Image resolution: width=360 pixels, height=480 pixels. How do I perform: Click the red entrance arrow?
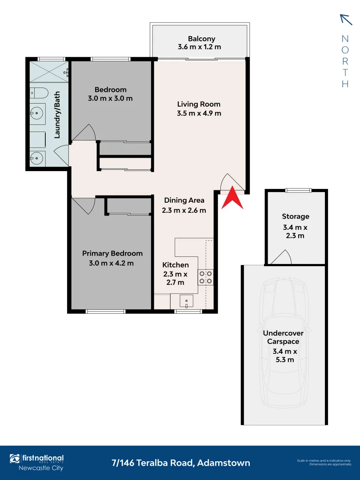(233, 199)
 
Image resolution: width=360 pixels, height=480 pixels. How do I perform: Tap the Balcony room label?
(201, 39)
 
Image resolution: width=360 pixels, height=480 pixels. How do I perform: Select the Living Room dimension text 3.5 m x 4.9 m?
(199, 113)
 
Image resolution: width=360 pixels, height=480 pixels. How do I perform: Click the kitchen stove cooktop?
(206, 277)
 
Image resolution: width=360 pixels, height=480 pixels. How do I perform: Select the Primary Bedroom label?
(112, 253)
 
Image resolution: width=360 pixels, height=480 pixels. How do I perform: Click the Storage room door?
(282, 258)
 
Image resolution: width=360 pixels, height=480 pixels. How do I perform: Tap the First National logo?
(37, 459)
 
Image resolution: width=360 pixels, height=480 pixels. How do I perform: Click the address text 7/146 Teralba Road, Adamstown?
(181, 463)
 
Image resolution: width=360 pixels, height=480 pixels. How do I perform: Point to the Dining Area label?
(184, 200)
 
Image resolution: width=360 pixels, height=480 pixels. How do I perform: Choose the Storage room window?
(298, 190)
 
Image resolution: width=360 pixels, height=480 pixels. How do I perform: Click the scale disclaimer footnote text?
(324, 462)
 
